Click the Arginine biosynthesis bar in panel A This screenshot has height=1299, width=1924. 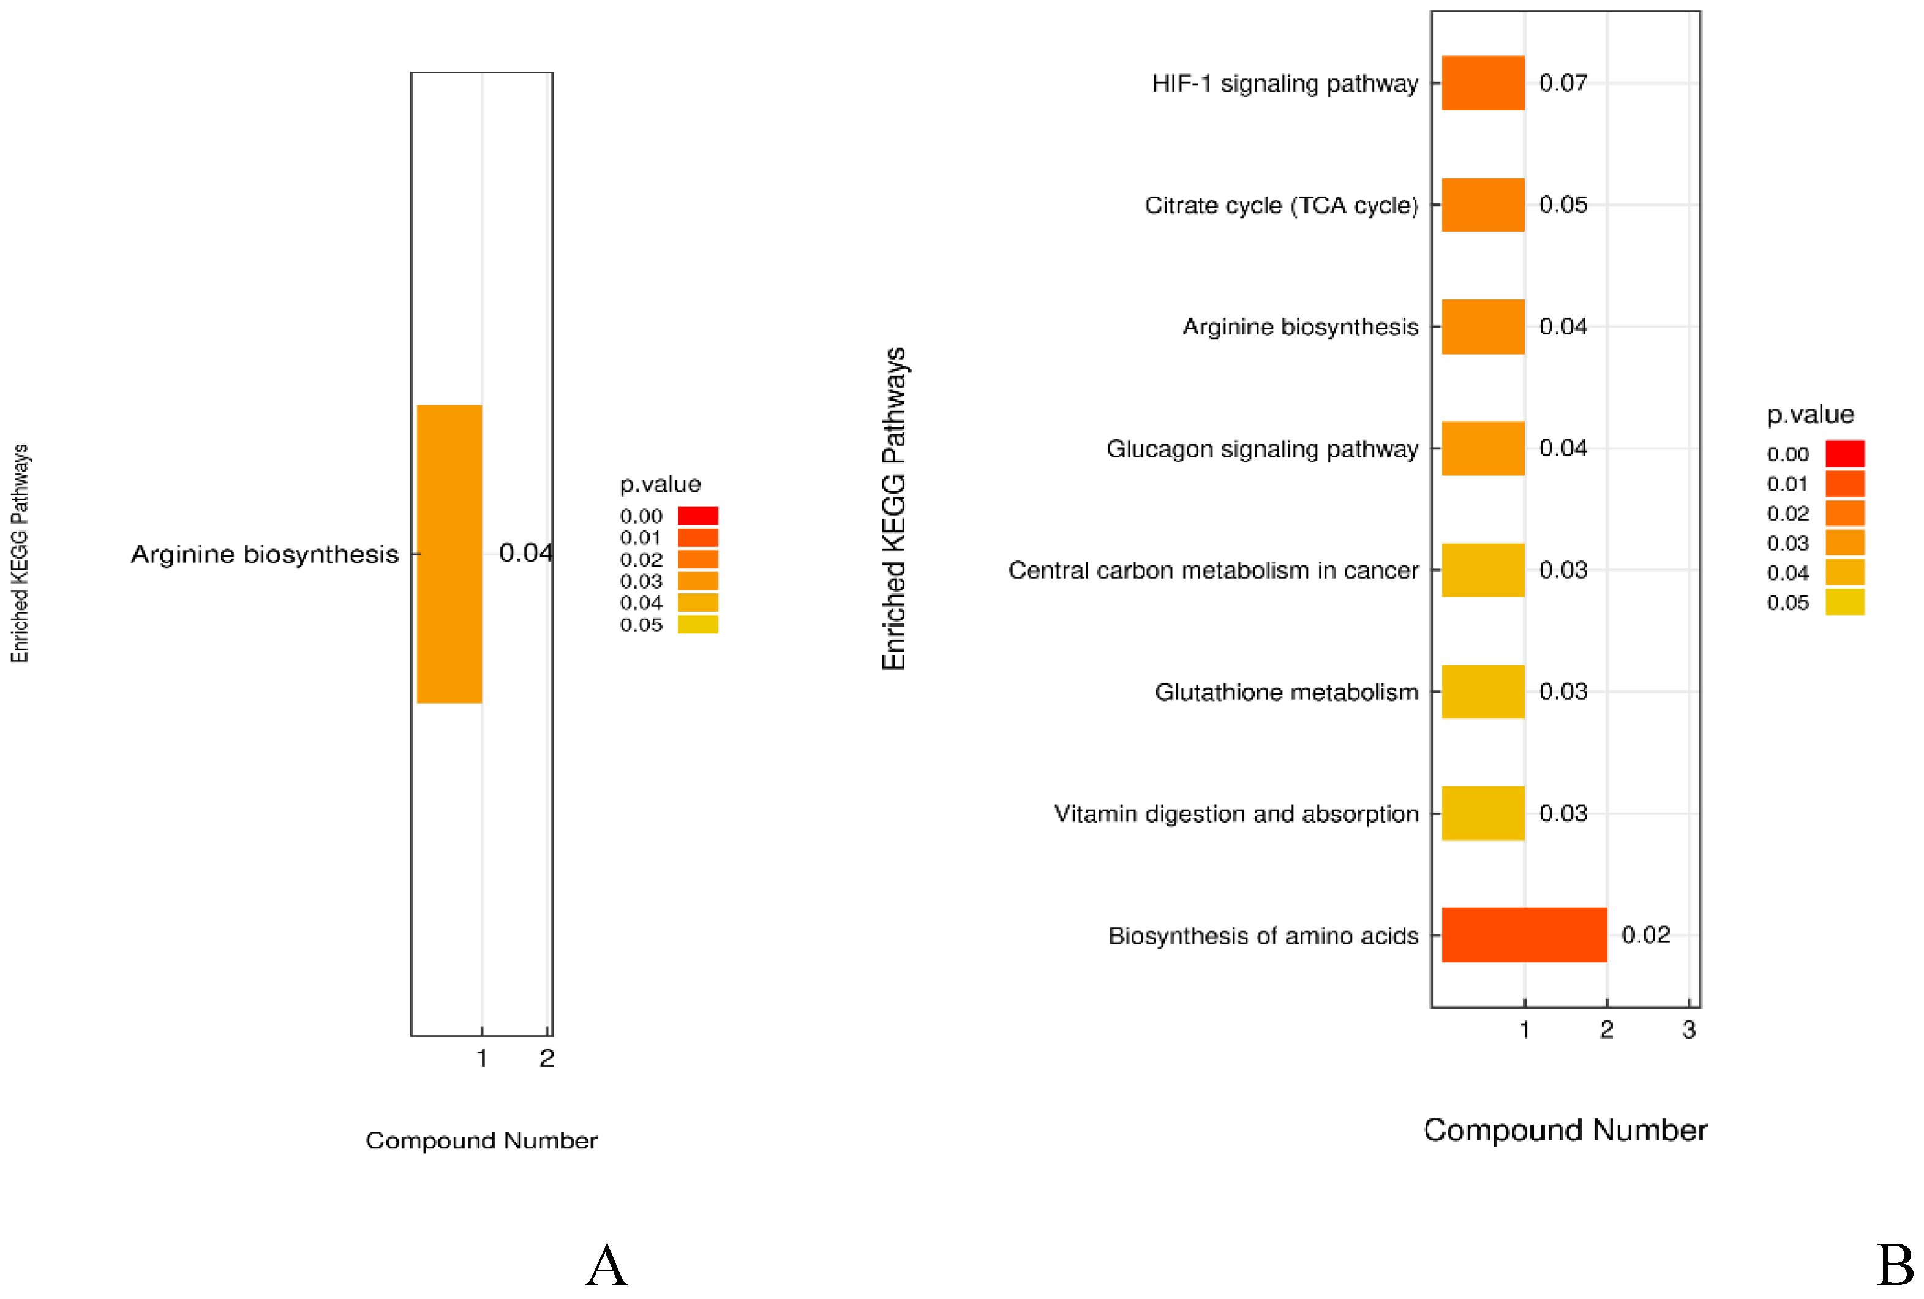pyautogui.click(x=449, y=553)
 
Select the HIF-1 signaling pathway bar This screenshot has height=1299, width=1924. pyautogui.click(x=1482, y=83)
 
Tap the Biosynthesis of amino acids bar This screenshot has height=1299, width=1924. pyautogui.click(x=1524, y=934)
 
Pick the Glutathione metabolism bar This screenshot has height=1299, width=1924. pyautogui.click(x=1482, y=691)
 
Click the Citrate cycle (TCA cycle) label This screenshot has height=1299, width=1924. pyautogui.click(x=1281, y=205)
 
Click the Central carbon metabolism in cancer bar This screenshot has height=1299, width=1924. pyautogui.click(x=1482, y=570)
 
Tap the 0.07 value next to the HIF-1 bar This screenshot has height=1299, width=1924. pyautogui.click(x=1563, y=83)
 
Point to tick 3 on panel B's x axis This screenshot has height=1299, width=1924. pyautogui.click(x=1688, y=1029)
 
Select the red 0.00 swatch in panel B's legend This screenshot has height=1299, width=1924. pyautogui.click(x=1844, y=454)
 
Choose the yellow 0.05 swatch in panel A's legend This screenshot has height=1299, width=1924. pyautogui.click(x=697, y=624)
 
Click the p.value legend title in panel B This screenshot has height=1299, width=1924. pyautogui.click(x=1809, y=414)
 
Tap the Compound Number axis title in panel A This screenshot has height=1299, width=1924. pyautogui.click(x=481, y=1140)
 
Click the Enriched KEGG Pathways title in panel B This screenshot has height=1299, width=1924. pyautogui.click(x=893, y=508)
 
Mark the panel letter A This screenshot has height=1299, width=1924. pyautogui.click(x=607, y=1265)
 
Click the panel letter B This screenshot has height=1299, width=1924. pyautogui.click(x=1894, y=1265)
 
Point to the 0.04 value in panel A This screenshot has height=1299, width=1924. pyautogui.click(x=525, y=552)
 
